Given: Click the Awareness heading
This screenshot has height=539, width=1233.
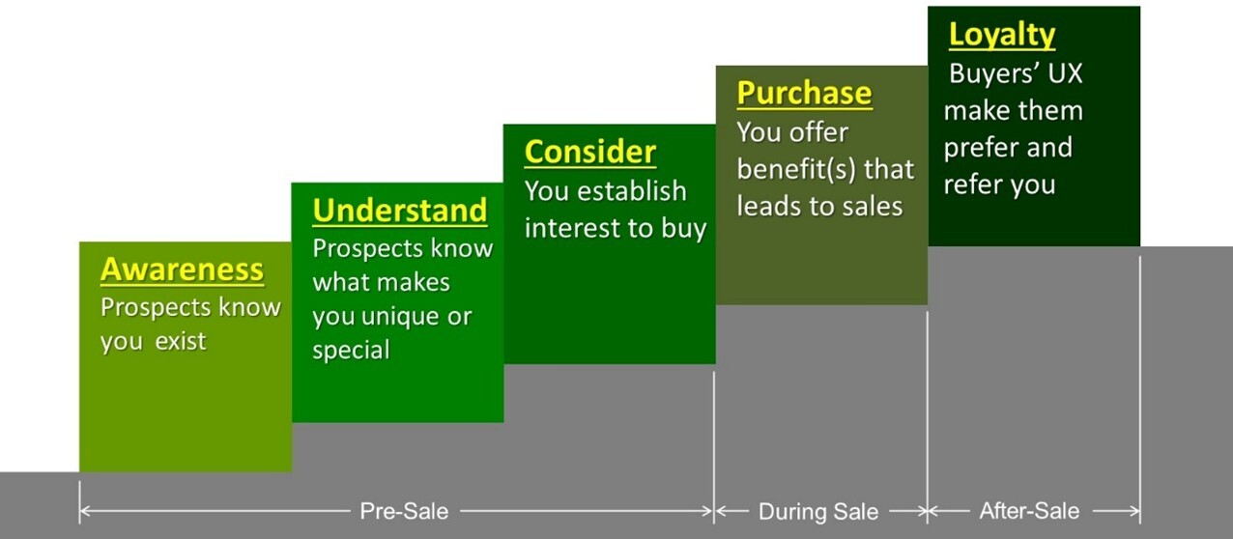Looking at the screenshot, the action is point(183,269).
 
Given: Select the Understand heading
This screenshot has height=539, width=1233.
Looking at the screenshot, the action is point(400,211).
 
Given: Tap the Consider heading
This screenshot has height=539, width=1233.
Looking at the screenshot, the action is point(590,152).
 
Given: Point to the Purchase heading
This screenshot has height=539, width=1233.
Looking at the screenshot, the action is point(804,93).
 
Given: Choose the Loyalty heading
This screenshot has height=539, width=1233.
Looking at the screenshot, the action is point(1002,35).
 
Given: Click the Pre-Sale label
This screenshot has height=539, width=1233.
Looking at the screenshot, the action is point(404,511).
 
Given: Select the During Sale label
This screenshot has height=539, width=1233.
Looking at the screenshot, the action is point(818,512).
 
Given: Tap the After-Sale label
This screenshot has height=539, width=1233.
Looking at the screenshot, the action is point(1029,511).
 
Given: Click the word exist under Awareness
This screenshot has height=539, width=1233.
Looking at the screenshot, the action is point(181,342).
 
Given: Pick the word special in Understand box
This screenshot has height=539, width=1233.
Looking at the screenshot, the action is point(351,351).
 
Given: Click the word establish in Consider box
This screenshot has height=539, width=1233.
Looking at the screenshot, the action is point(632,191).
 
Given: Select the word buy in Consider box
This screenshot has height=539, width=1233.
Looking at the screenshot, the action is point(683,229).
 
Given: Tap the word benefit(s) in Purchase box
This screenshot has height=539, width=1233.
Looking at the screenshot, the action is point(796,169).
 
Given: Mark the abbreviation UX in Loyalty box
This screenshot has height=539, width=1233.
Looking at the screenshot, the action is point(1065,73).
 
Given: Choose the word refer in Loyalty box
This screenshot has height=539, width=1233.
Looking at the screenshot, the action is point(973,184).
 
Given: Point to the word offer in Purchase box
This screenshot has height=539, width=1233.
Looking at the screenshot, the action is point(824,132).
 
